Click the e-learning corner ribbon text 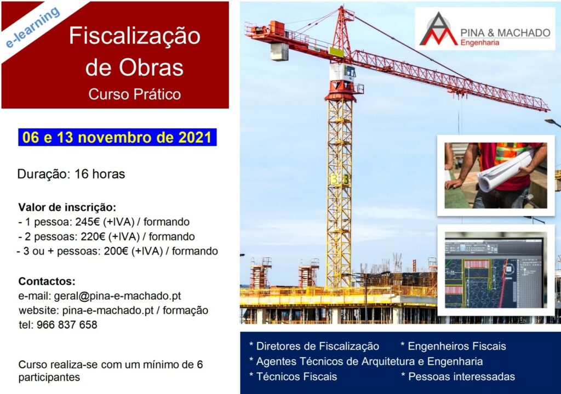(x=32, y=27)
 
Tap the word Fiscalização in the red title (x=135, y=36)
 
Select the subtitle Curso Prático (x=135, y=94)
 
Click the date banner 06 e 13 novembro (x=117, y=138)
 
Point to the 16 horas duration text (x=100, y=174)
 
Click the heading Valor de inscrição (x=67, y=207)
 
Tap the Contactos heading (x=47, y=281)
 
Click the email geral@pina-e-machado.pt (x=117, y=296)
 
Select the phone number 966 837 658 (x=67, y=325)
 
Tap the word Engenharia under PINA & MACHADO (x=479, y=43)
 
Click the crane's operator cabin (x=343, y=73)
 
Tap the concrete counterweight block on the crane (x=279, y=52)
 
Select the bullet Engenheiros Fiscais (x=453, y=346)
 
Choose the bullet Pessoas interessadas (x=458, y=377)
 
